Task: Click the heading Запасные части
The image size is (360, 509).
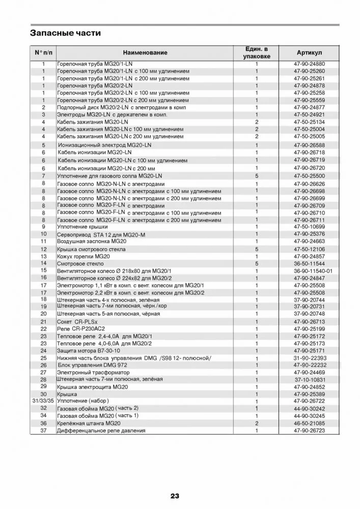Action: (x=66, y=33)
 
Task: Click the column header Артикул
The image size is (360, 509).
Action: (x=309, y=53)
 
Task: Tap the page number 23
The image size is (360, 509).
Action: (x=175, y=496)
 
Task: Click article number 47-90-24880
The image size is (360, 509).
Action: (x=309, y=64)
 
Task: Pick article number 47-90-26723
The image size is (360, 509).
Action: (x=309, y=431)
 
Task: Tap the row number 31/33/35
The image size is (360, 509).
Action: (x=43, y=401)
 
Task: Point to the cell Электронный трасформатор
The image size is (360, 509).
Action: (x=93, y=373)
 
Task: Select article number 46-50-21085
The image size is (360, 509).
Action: (x=309, y=423)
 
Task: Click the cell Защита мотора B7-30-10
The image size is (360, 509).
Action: (x=89, y=351)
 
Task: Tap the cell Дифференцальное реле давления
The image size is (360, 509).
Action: (x=101, y=431)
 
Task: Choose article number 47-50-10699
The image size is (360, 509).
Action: (x=309, y=227)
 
